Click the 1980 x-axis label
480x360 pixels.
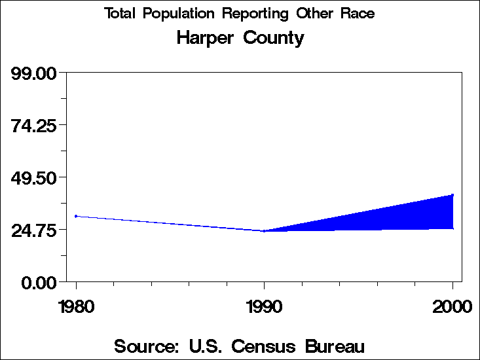coord(77,307)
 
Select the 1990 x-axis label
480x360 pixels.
coord(264,307)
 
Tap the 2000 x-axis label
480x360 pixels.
coord(452,307)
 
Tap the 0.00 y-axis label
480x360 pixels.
coord(41,283)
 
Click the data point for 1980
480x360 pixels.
coord(77,216)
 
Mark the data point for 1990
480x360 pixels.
coord(264,231)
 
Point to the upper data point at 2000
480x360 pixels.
coord(452,194)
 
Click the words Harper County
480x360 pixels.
coord(240,38)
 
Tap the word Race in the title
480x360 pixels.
coord(357,14)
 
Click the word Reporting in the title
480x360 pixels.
coord(253,14)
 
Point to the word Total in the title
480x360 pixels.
coord(121,14)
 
